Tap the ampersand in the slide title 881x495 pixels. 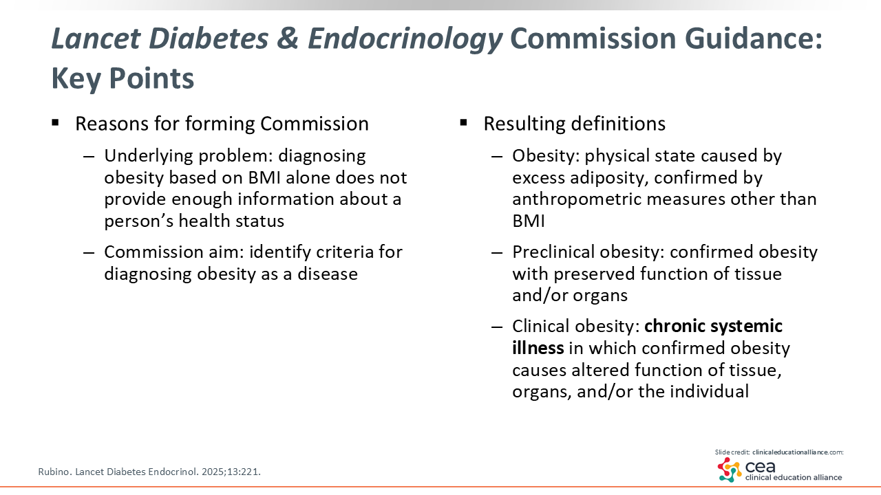click(x=288, y=38)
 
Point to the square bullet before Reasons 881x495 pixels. click(x=55, y=123)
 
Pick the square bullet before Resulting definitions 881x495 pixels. click(x=463, y=123)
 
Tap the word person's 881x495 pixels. click(x=139, y=221)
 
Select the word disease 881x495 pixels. click(x=328, y=274)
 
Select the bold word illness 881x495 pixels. click(x=538, y=348)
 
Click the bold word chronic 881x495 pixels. click(x=675, y=326)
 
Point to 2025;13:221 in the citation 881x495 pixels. click(x=231, y=472)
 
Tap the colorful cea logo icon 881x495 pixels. click(x=729, y=470)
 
